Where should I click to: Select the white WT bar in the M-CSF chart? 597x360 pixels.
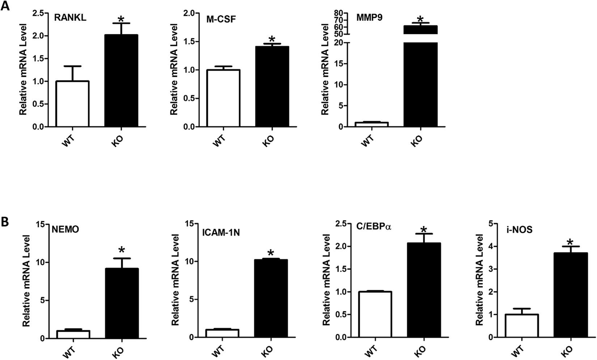click(224, 98)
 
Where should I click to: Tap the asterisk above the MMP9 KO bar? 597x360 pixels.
click(420, 18)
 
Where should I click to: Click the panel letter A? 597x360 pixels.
click(5, 6)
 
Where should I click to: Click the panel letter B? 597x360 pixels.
click(5, 222)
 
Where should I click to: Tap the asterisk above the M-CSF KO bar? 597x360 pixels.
click(272, 39)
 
